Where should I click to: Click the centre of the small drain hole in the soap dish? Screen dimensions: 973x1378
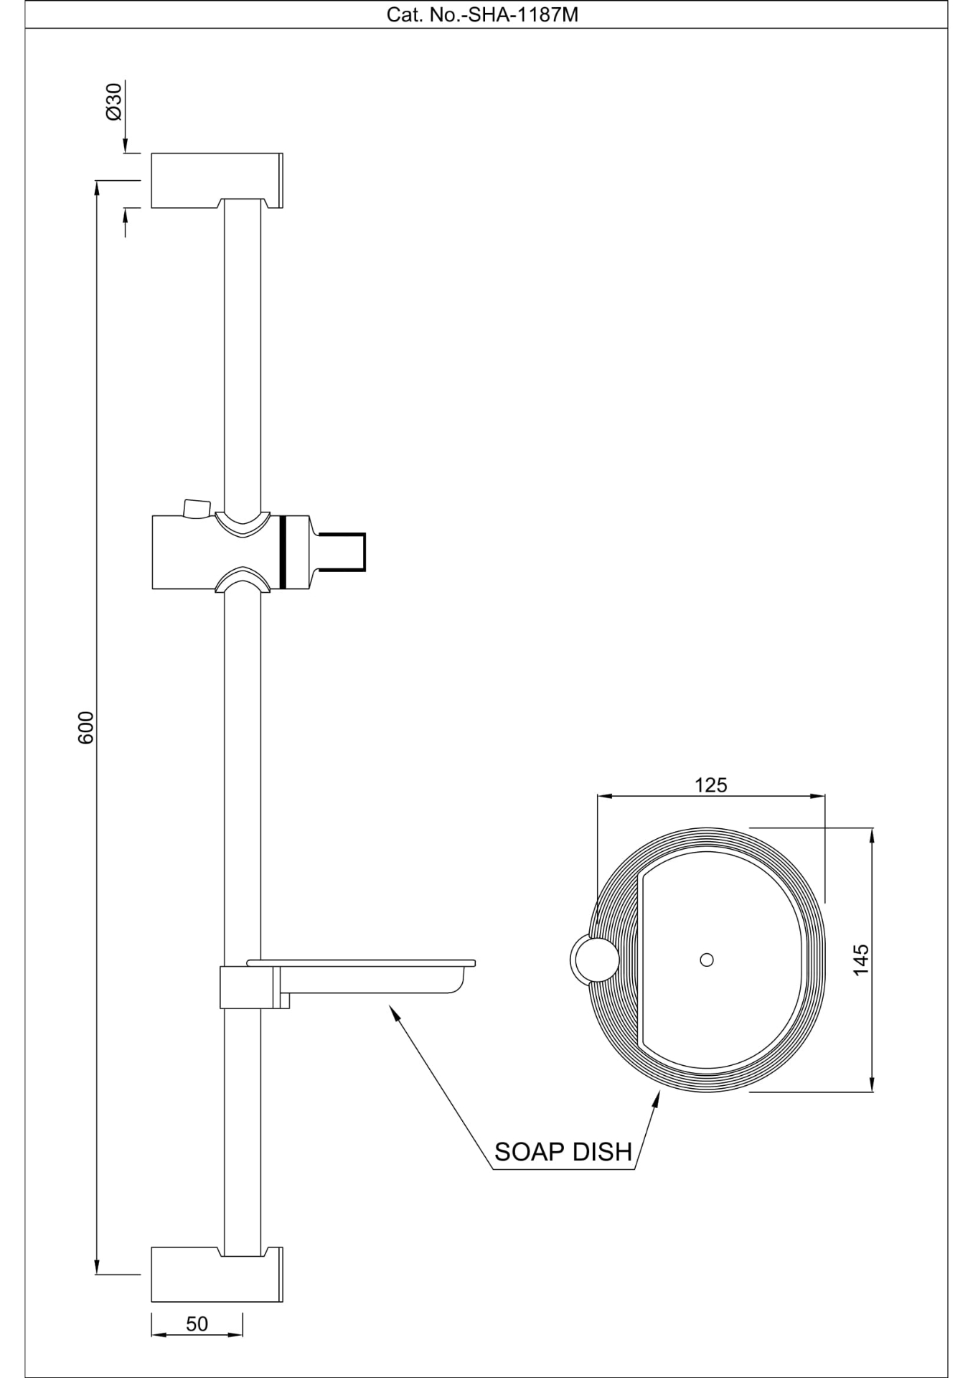pyautogui.click(x=707, y=960)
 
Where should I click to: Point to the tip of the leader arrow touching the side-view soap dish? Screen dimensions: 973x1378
pyautogui.click(x=389, y=1005)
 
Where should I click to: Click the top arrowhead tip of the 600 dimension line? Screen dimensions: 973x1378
pyautogui.click(x=97, y=181)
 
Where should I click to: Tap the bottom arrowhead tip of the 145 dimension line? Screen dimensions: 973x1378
pyautogui.click(x=872, y=1092)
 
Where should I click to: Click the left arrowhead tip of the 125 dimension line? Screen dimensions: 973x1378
pyautogui.click(x=598, y=796)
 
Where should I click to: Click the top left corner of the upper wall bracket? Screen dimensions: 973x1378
pyautogui.click(x=151, y=154)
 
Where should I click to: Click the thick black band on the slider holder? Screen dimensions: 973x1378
pyautogui.click(x=283, y=552)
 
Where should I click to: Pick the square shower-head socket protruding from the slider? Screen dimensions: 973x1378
pyautogui.click(x=342, y=552)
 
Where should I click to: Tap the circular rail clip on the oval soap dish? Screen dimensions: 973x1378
pyautogui.click(x=593, y=960)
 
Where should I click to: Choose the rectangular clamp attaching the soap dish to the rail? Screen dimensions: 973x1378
pyautogui.click(x=248, y=987)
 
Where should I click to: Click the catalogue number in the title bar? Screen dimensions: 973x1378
pyautogui.click(x=482, y=14)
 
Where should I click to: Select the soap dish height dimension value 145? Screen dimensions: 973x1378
pyautogui.click(x=861, y=960)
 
